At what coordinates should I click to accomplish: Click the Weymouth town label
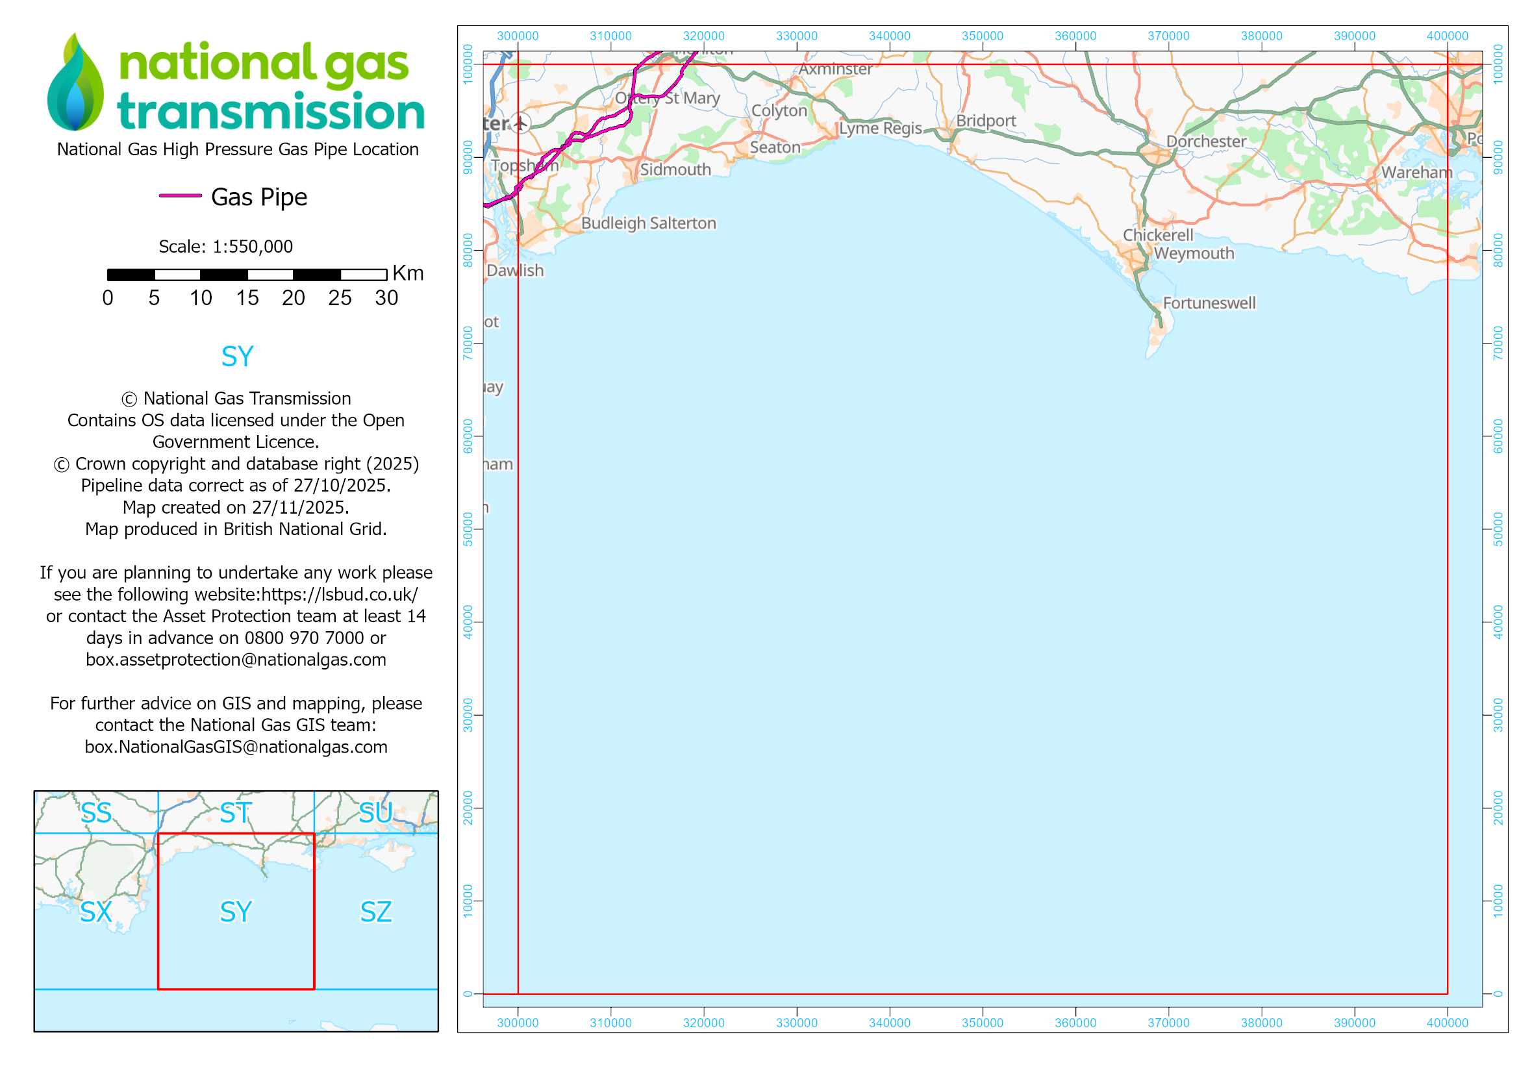tap(1194, 253)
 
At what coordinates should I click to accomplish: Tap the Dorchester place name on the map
tap(1205, 142)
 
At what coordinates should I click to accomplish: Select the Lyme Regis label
tap(880, 129)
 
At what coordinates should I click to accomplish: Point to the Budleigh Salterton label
tap(648, 223)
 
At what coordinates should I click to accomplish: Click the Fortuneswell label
tap(1209, 303)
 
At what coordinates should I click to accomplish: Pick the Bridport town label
tap(986, 121)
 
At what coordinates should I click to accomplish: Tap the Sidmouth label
tap(675, 170)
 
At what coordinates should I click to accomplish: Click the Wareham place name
tap(1416, 173)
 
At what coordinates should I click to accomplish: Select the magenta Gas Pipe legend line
tap(180, 195)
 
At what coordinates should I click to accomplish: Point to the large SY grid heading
tap(237, 357)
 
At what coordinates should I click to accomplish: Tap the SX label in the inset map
tap(96, 912)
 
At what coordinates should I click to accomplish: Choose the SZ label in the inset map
tap(376, 912)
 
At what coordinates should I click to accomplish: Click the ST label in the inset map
tap(236, 814)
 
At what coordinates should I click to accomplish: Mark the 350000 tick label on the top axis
tap(983, 36)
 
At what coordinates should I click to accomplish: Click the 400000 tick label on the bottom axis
tap(1447, 1023)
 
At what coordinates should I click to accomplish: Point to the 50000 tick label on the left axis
tap(468, 529)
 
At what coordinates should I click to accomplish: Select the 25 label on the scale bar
tap(340, 298)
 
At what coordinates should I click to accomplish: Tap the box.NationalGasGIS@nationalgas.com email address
tap(236, 747)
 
